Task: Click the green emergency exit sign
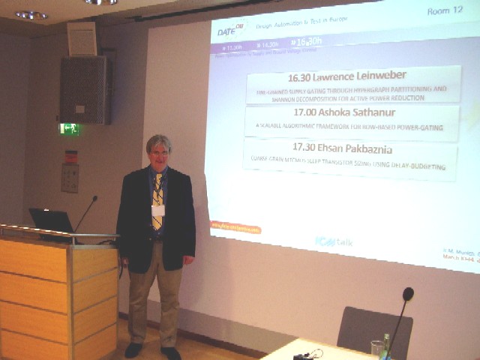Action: (69, 128)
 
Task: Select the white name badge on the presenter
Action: (158, 211)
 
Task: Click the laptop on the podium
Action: (51, 220)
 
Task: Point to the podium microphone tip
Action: (94, 199)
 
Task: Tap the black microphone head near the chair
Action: (407, 294)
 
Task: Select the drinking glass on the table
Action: (376, 349)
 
